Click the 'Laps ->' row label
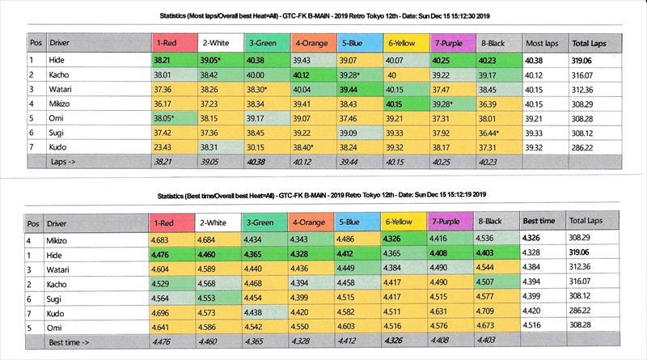coord(64,162)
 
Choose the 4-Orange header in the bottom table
coord(311,220)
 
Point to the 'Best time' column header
coord(539,220)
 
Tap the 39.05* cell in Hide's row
coord(216,60)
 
